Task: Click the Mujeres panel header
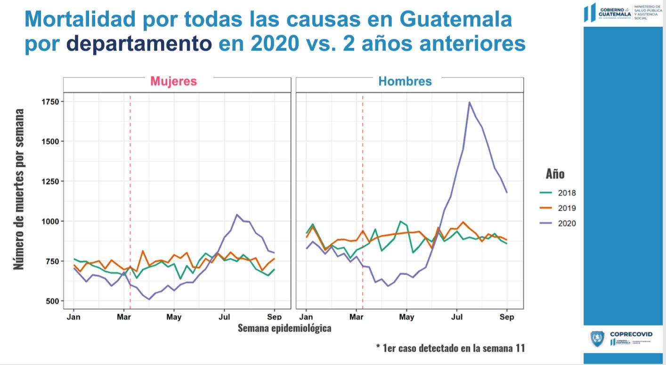173,81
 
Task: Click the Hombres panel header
405,81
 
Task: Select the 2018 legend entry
566,193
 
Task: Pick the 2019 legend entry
566,208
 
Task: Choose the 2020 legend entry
566,224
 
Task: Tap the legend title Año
555,174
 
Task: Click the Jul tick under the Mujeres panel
224,317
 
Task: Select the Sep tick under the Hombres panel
507,317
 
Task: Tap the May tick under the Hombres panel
406,317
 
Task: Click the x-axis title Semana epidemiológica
284,328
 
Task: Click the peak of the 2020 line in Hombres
469,102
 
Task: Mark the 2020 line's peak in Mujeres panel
237,215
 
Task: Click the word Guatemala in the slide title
455,19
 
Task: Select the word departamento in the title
139,43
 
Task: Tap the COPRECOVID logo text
631,334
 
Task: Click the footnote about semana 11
450,348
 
